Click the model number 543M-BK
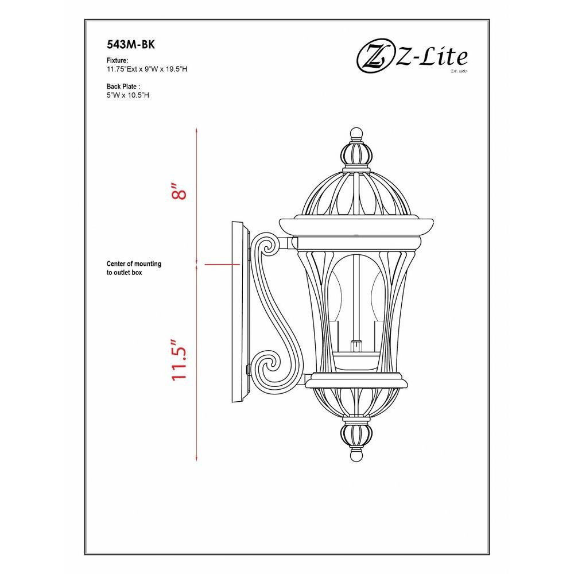[131, 44]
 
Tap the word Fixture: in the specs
[117, 60]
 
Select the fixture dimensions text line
[147, 69]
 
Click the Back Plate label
[123, 87]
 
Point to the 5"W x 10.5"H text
[128, 95]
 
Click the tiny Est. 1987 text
[459, 71]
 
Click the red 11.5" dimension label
[179, 360]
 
